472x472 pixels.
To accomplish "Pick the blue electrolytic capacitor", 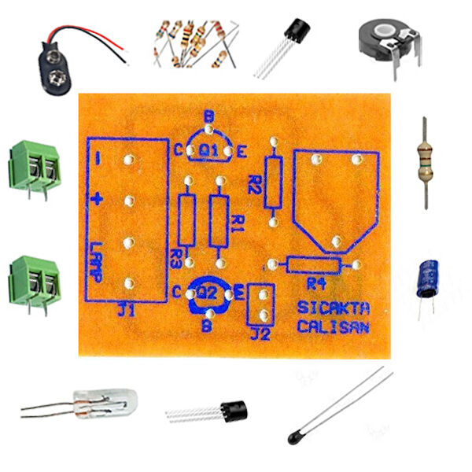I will (428, 279).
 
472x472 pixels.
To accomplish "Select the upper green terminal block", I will (35, 166).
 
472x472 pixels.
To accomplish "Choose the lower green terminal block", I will (35, 278).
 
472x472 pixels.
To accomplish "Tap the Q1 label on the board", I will (208, 149).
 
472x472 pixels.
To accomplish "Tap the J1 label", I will (126, 312).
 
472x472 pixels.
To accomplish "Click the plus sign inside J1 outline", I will (96, 198).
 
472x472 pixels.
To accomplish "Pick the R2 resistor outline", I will (273, 182).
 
